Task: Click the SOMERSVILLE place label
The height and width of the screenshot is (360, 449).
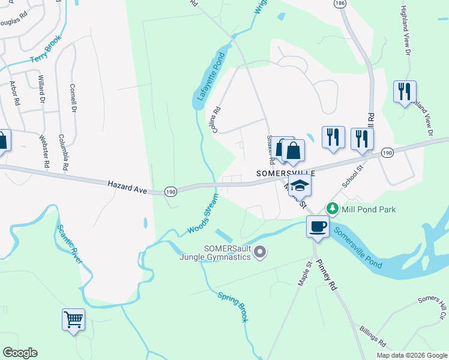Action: (x=286, y=172)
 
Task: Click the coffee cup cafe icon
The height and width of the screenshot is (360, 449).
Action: (x=317, y=227)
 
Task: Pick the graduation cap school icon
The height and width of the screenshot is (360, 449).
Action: (x=300, y=185)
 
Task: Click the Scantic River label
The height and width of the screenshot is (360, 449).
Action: (x=70, y=244)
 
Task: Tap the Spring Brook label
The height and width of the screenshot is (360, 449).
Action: (x=233, y=307)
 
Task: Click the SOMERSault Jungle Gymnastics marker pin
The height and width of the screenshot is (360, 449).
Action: (x=260, y=253)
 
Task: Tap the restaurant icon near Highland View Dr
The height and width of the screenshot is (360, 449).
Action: (x=404, y=92)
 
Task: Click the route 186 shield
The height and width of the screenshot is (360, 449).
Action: (x=340, y=4)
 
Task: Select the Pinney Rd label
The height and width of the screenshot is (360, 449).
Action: (x=328, y=275)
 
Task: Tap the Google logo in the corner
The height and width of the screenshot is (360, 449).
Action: (x=20, y=353)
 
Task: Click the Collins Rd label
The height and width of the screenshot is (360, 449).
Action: (x=217, y=119)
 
